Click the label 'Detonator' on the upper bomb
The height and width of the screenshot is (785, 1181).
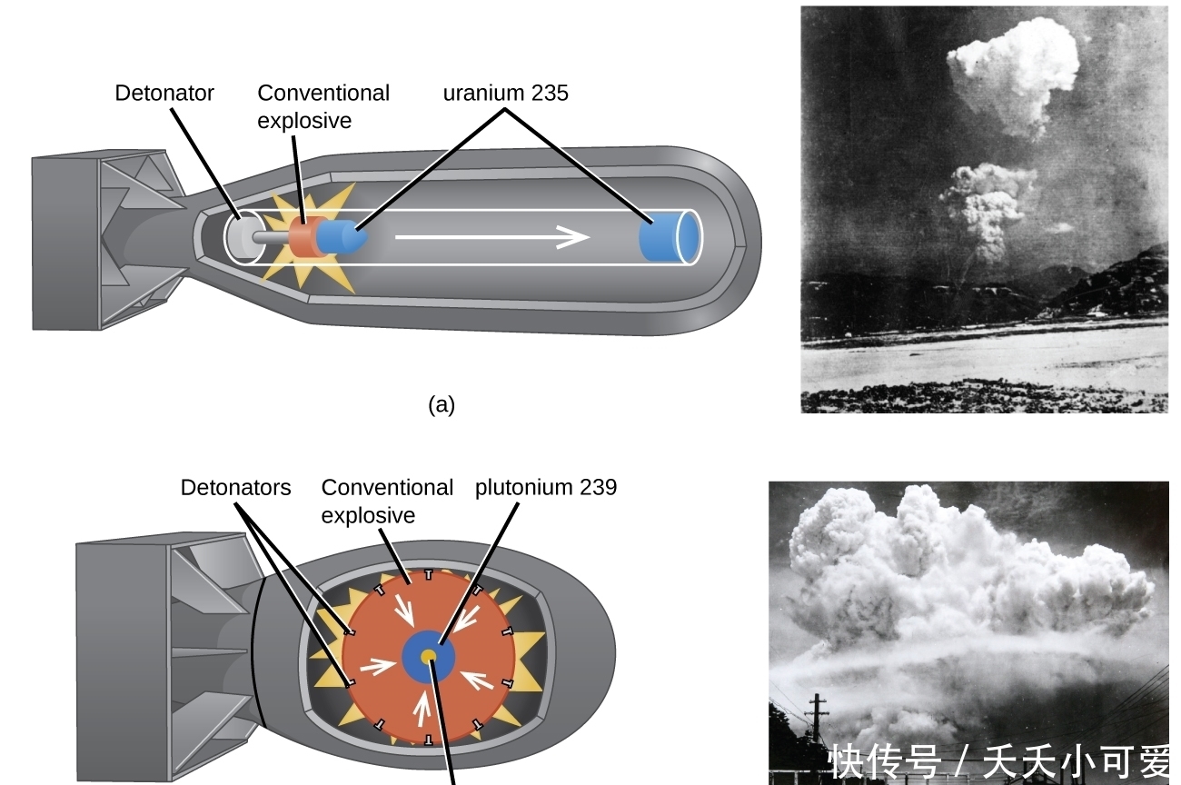tap(164, 93)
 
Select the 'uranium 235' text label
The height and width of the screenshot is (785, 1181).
tap(505, 93)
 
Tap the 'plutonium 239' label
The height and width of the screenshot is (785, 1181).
tap(545, 488)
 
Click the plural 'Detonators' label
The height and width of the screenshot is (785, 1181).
tap(235, 488)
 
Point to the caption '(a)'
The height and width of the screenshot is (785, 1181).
tap(442, 405)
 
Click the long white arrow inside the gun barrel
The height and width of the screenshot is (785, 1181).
tap(491, 238)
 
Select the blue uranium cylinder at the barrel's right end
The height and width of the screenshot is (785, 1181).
tap(670, 237)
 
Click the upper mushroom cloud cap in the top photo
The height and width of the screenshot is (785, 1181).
tap(1013, 73)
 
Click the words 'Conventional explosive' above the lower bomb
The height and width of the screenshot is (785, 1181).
tap(386, 502)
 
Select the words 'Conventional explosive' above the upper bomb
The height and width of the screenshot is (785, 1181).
tap(323, 106)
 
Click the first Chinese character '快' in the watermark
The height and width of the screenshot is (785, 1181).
tap(845, 762)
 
